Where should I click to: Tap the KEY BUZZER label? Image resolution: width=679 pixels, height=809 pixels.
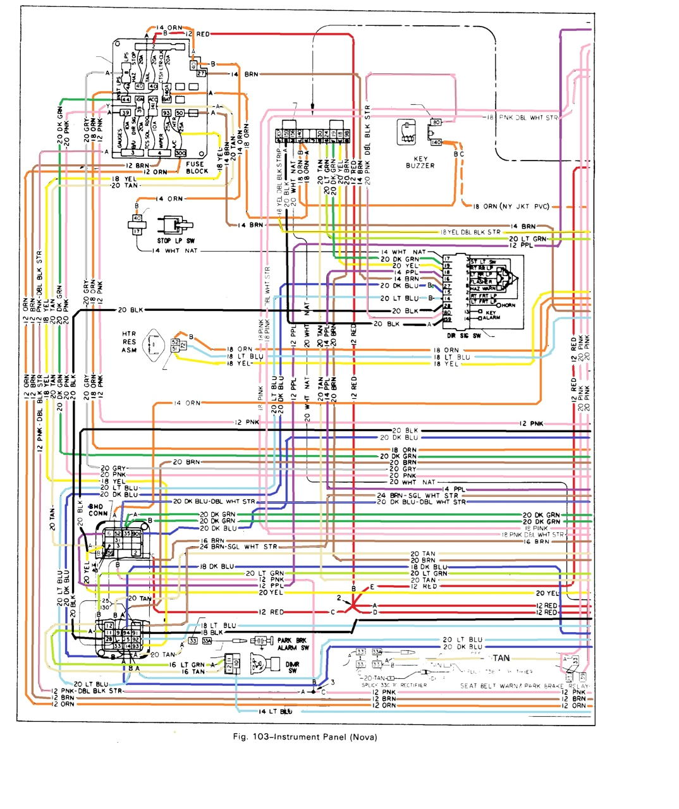point(420,162)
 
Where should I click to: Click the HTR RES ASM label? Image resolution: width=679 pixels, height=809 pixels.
point(130,341)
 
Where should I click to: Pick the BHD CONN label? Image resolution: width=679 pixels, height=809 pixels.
point(98,510)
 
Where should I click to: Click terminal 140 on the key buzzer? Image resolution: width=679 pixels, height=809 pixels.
point(436,142)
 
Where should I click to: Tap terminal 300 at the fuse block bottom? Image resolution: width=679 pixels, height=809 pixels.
point(180,153)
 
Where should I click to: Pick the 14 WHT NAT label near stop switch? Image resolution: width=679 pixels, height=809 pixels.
point(174,251)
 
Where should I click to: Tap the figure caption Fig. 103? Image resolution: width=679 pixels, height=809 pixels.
point(305,737)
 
